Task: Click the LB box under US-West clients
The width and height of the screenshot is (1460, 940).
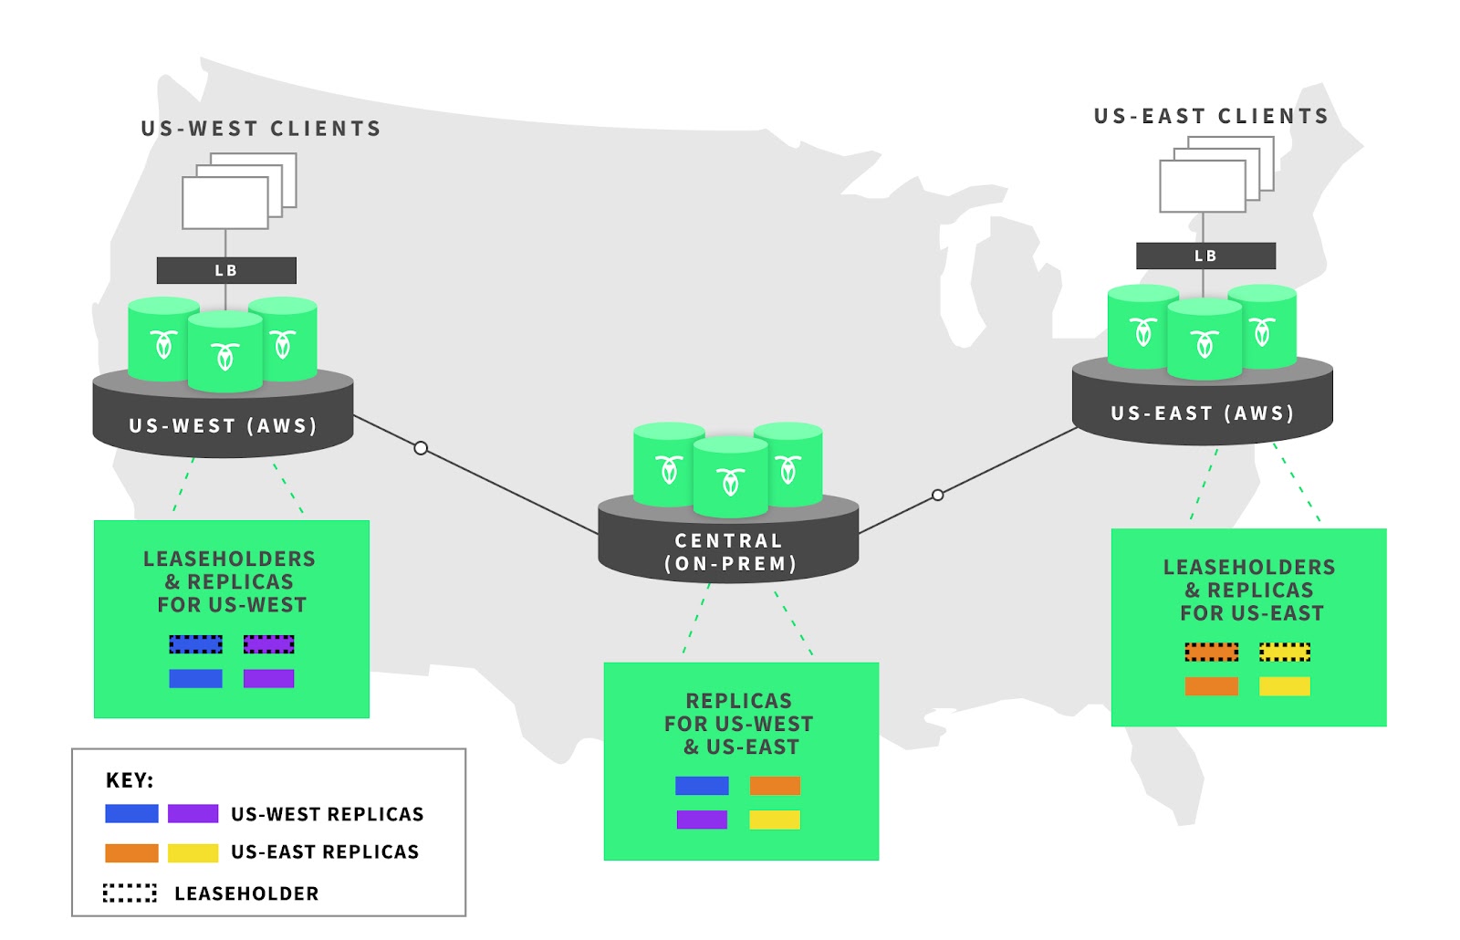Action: click(x=226, y=270)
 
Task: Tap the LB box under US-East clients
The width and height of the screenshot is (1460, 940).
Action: click(x=1205, y=256)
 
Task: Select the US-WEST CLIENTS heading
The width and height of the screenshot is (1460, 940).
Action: click(x=261, y=129)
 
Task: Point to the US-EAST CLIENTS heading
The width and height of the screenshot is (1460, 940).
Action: click(x=1211, y=117)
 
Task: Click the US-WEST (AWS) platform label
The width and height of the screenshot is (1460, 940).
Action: click(x=224, y=425)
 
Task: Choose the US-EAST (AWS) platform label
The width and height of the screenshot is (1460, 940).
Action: click(x=1203, y=413)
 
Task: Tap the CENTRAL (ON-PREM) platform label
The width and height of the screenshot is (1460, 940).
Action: click(x=729, y=552)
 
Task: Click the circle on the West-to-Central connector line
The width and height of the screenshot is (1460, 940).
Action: click(x=421, y=448)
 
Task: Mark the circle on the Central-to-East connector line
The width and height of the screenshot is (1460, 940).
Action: click(x=938, y=495)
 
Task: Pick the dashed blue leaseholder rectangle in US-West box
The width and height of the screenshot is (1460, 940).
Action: click(x=195, y=644)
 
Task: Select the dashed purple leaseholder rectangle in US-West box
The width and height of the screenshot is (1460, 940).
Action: click(x=268, y=644)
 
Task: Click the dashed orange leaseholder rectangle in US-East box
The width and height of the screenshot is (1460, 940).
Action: click(x=1211, y=652)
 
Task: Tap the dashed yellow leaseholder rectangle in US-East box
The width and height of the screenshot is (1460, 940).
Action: click(x=1285, y=652)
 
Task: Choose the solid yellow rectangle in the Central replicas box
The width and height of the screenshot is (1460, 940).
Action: click(x=775, y=820)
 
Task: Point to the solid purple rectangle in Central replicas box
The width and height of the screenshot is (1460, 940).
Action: click(x=702, y=820)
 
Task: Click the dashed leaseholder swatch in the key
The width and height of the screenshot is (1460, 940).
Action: click(x=130, y=893)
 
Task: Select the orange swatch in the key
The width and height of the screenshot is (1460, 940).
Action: click(x=131, y=852)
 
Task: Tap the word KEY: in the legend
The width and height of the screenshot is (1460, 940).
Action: click(x=130, y=780)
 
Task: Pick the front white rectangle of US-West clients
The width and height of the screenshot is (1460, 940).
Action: click(x=225, y=203)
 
